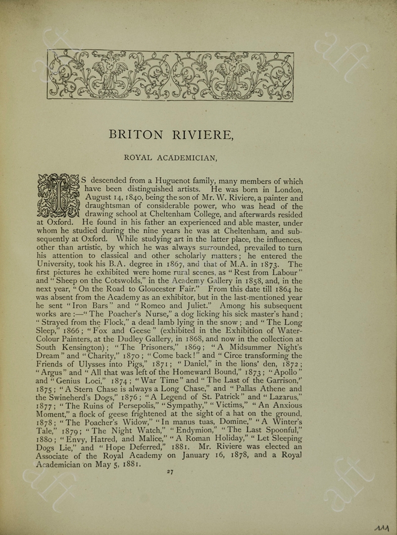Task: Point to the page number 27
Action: click(170, 472)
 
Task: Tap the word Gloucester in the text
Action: click(143, 289)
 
